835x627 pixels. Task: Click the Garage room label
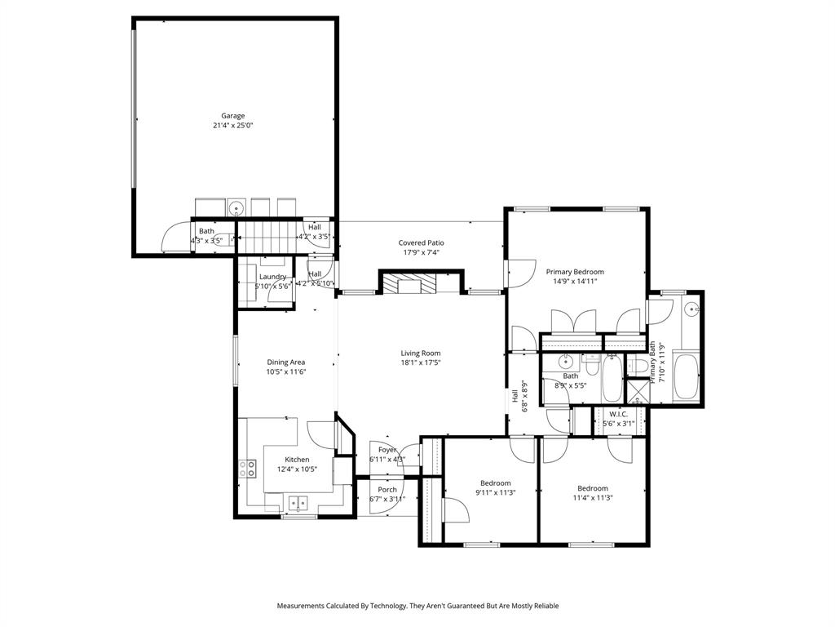(233, 116)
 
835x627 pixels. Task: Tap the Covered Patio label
(421, 242)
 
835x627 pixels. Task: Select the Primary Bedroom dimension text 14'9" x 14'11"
(575, 282)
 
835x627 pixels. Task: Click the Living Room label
(420, 354)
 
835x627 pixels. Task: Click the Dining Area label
(285, 362)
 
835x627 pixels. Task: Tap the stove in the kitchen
(247, 469)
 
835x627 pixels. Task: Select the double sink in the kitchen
(297, 502)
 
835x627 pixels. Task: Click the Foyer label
(387, 450)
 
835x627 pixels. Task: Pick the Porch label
(387, 490)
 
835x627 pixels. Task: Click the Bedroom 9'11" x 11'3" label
(495, 482)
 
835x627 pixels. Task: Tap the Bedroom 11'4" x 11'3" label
(593, 488)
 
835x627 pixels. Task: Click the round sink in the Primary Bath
(691, 309)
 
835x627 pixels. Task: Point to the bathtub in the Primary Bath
(686, 376)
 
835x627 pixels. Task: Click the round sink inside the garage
(235, 207)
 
